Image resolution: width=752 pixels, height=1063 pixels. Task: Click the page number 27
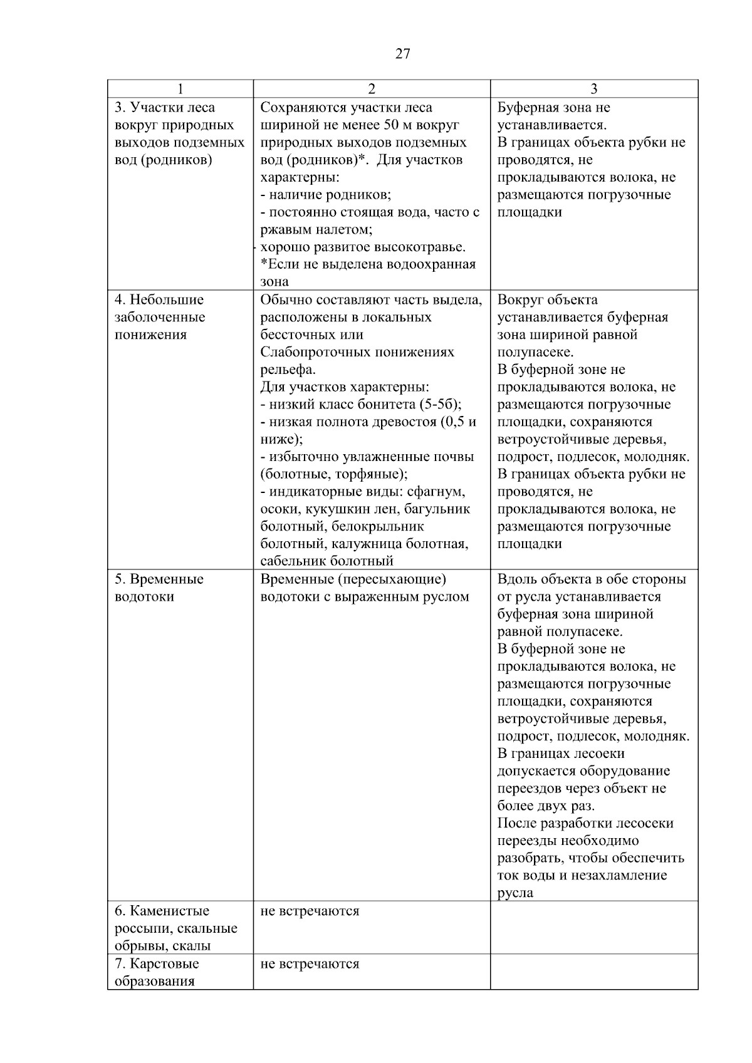click(x=403, y=54)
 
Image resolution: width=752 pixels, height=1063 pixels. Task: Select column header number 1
click(x=180, y=89)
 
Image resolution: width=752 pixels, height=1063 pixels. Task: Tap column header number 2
click(x=372, y=89)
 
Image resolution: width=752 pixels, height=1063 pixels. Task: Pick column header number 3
click(x=594, y=89)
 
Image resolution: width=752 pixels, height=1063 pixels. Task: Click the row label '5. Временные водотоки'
click(x=159, y=588)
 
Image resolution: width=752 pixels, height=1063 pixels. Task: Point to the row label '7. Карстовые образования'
click(x=157, y=972)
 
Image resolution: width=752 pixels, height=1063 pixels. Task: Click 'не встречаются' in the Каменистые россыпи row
click(x=310, y=911)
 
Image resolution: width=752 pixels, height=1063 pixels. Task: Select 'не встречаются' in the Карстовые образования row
click(x=310, y=963)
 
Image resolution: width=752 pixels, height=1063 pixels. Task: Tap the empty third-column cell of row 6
click(x=594, y=927)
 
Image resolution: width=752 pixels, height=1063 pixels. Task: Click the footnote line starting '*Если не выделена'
click(x=368, y=264)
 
